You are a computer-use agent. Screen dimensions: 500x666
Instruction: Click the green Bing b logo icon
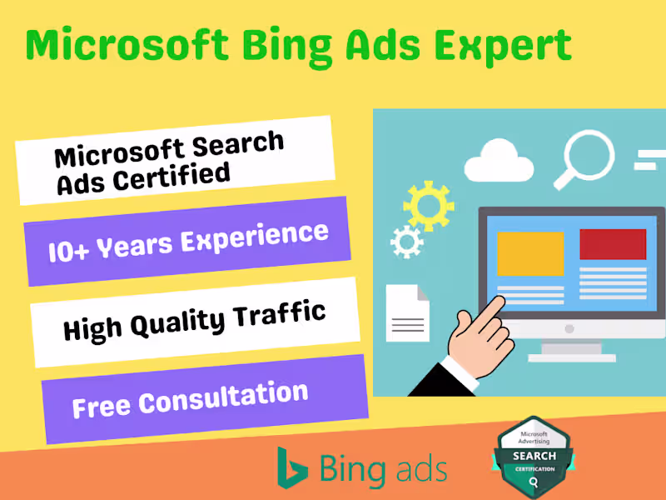click(x=292, y=467)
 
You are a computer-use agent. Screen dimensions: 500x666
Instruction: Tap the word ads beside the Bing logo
click(x=420, y=468)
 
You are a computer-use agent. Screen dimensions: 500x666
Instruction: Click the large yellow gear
click(x=428, y=205)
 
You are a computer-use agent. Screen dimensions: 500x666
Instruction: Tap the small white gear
click(x=406, y=242)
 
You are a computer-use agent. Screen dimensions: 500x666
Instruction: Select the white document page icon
click(x=408, y=312)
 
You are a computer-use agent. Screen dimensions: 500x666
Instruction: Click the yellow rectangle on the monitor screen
click(x=530, y=253)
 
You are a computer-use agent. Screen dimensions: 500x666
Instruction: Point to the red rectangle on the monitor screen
click(x=613, y=244)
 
